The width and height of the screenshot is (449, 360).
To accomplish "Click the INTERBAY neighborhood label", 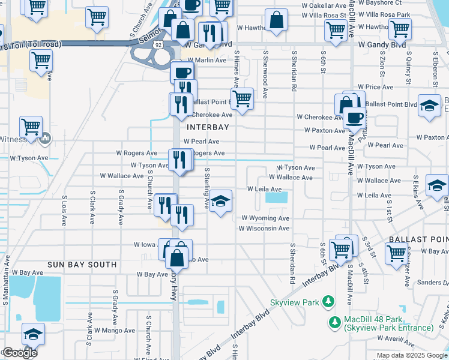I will pos(208,127).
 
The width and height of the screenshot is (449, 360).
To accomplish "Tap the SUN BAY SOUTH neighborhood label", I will pos(82,264).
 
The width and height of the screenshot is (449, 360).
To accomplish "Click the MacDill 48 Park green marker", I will pos(335,323).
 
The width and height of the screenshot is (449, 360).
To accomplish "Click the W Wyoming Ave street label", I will pos(265,218).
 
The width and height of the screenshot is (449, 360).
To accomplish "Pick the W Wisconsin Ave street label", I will pos(264,229).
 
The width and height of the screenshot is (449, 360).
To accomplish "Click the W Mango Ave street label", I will pos(113,330).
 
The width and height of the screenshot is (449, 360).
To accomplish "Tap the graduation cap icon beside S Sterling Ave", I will pos(221,202).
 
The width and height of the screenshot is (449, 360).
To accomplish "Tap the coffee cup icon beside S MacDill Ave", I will pos(354,117).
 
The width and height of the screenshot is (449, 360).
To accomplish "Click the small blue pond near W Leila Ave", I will pos(276,197).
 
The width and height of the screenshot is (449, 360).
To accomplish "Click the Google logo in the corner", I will pos(19,353).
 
